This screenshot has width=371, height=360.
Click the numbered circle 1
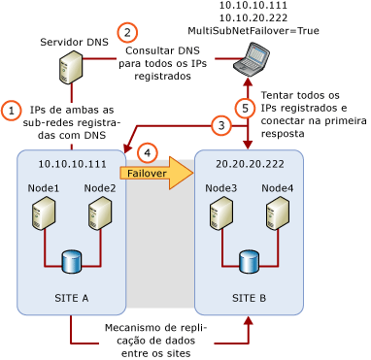[12, 111]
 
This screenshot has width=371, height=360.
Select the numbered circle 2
[126, 32]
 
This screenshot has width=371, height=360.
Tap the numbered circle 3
[221, 125]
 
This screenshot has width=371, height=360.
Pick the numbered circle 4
[147, 152]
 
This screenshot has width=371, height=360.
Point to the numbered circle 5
[247, 107]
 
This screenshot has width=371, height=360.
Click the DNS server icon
[70, 68]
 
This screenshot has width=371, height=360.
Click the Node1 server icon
[43, 213]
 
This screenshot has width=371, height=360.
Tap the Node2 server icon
[99, 213]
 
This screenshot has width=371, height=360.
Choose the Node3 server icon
[220, 213]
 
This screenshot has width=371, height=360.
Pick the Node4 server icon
[277, 213]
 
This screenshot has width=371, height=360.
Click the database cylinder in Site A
[71, 261]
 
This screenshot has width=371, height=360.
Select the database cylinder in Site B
[249, 261]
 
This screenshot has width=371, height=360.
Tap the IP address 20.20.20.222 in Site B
[250, 165]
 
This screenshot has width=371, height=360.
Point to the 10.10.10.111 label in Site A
[72, 165]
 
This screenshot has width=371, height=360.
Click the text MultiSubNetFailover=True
[253, 31]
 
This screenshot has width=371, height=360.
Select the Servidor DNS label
[74, 43]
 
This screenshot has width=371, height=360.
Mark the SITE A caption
[71, 298]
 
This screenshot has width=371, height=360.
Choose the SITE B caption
[249, 298]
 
